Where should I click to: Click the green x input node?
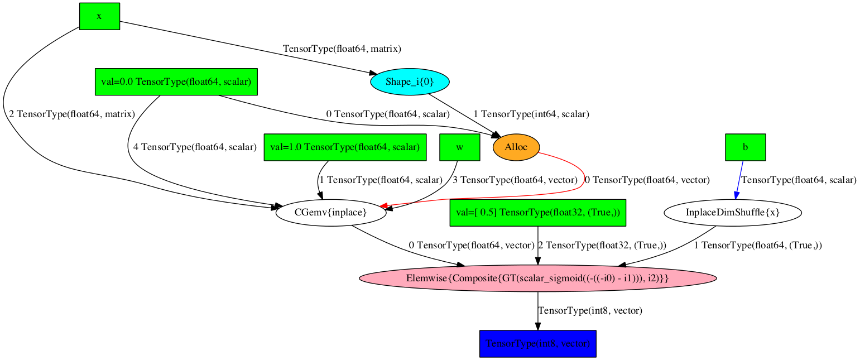99,16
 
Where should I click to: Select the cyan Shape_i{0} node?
410,82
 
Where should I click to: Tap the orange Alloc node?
516,147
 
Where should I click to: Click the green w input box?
460,147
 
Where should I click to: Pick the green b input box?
745,147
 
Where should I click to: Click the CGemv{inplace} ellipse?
330,213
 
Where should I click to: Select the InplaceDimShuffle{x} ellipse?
733,213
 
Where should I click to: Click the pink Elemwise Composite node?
537,278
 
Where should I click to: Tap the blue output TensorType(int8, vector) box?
538,343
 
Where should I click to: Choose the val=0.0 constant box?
176,82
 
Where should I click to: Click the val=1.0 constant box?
345,147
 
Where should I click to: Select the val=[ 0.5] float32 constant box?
538,213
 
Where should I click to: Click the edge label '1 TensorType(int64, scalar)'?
531,114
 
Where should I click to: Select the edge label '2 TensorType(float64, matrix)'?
71,114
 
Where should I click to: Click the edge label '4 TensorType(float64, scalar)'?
195,147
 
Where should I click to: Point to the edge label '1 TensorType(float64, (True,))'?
758,245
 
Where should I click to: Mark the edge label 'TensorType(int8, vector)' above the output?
589,310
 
